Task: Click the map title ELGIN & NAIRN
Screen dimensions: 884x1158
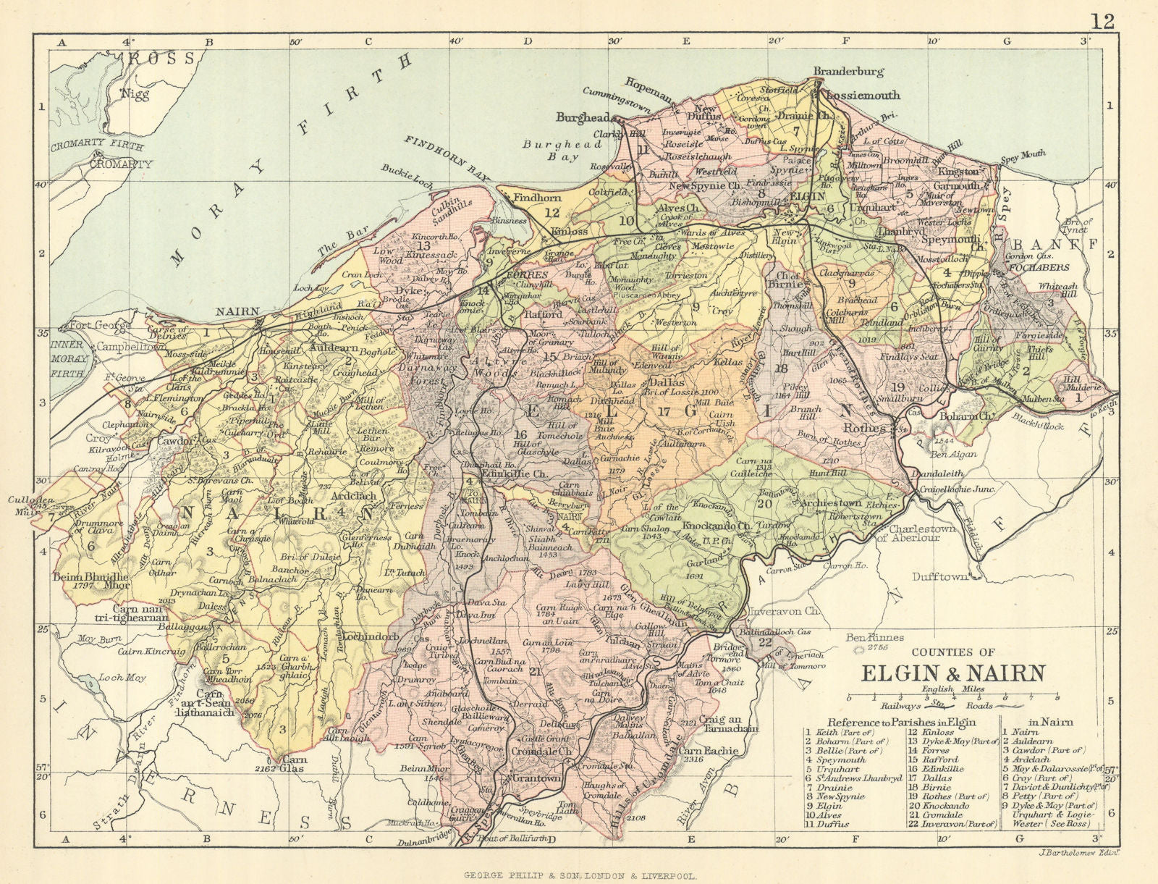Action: (952, 673)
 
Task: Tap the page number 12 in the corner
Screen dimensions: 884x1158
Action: (1103, 21)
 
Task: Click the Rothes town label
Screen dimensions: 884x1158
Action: (864, 428)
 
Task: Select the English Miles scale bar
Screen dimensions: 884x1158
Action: (952, 696)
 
